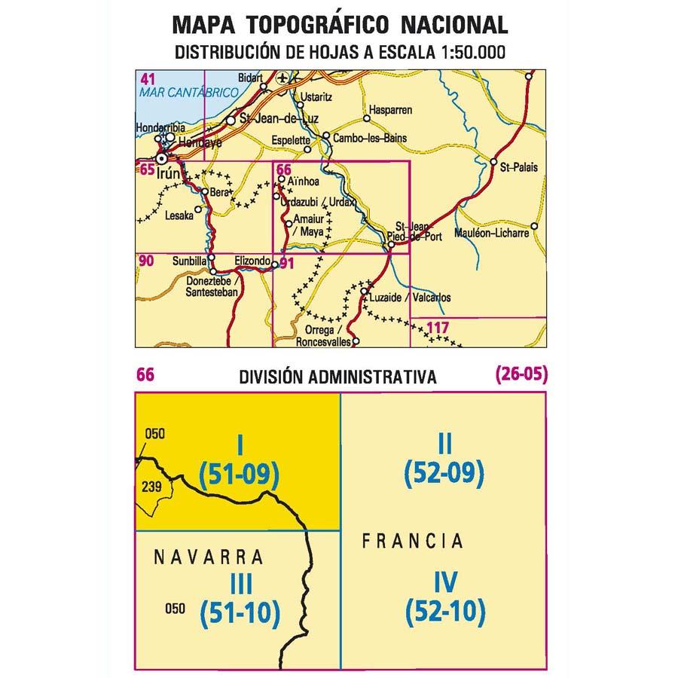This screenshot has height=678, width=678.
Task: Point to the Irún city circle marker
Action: click(x=161, y=158)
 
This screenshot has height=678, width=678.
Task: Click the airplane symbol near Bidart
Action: click(x=282, y=77)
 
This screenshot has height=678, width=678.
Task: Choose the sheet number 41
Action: click(x=147, y=78)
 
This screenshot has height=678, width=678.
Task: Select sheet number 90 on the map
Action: click(x=147, y=261)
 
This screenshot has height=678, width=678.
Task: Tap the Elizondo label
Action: click(x=252, y=261)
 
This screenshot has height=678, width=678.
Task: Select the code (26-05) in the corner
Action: click(x=521, y=374)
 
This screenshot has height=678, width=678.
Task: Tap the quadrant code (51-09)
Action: click(x=239, y=475)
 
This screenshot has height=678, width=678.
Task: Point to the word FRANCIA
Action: click(x=412, y=541)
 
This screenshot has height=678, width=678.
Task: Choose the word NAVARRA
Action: click(x=208, y=557)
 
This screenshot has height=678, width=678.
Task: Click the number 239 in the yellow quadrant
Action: click(x=151, y=487)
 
